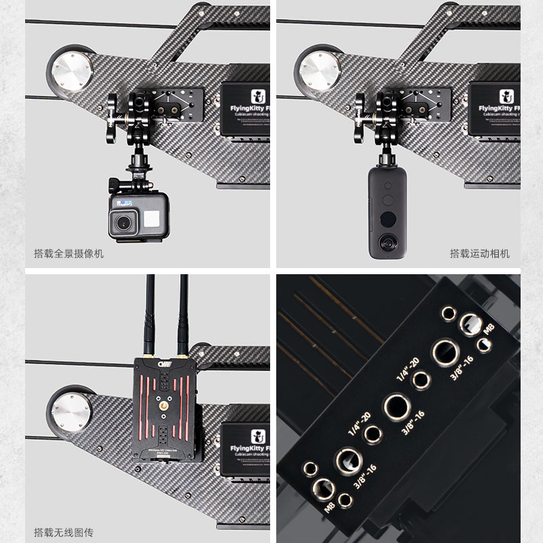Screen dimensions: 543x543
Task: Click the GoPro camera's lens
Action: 124,223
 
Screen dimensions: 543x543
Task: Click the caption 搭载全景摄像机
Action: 69,254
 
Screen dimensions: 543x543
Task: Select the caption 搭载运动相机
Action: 479,254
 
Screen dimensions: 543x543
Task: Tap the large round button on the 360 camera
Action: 388,219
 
